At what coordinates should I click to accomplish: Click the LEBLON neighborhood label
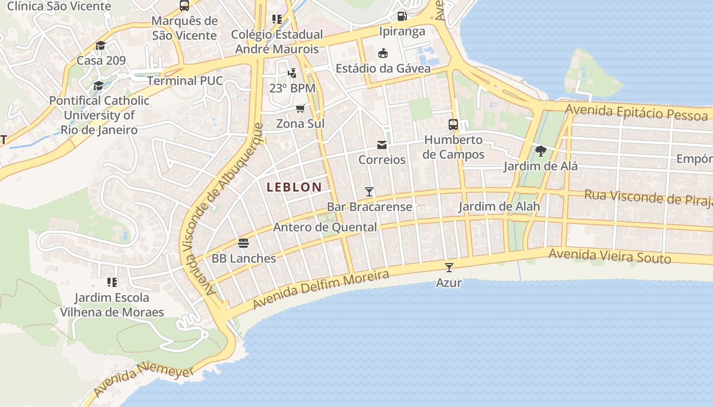(294, 187)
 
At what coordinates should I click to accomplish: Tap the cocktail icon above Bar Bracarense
(369, 192)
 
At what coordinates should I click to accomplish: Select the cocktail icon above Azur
(449, 268)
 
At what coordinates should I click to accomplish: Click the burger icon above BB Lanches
(243, 243)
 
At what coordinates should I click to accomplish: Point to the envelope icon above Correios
(382, 145)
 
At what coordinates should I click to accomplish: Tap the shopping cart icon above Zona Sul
(300, 108)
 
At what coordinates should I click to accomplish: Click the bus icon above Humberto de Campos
(453, 124)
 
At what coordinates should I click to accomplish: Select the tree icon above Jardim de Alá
(540, 151)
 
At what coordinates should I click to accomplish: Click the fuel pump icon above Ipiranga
(402, 16)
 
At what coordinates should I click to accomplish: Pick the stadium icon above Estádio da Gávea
(382, 53)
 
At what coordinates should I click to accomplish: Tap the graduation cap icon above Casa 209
(100, 46)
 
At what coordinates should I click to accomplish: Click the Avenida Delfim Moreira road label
(321, 289)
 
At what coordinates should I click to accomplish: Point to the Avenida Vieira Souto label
(610, 256)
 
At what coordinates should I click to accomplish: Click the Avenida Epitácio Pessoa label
(637, 112)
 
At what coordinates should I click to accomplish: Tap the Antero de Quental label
(325, 227)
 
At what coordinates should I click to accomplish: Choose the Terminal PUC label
(185, 81)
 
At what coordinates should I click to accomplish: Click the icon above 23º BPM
(292, 73)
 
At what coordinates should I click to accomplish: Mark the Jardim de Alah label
(499, 207)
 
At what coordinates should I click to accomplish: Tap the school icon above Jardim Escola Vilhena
(112, 282)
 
